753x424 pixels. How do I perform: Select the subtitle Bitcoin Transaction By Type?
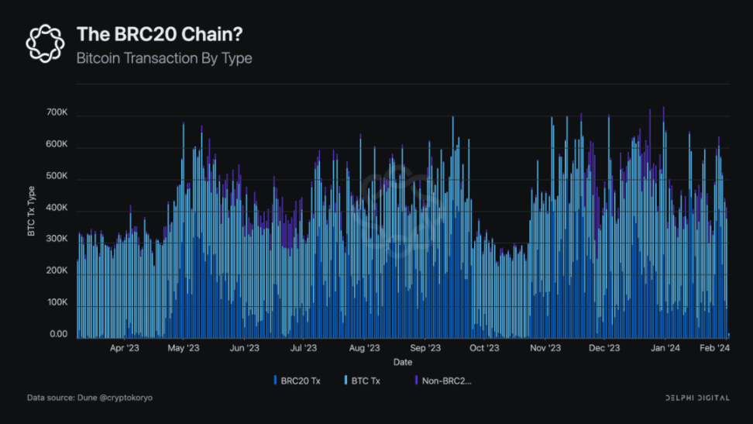point(164,58)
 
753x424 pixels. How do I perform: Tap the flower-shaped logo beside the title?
point(45,43)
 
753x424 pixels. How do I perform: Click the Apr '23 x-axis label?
point(125,348)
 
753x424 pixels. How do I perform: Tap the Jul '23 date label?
point(303,348)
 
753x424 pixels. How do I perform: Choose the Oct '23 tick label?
point(484,348)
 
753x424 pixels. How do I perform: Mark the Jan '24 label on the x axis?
point(665,348)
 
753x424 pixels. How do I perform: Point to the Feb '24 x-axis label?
point(713,348)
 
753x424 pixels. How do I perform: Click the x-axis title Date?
point(403,362)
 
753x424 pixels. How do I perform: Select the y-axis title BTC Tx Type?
point(32,211)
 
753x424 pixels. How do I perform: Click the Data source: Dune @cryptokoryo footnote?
point(90,398)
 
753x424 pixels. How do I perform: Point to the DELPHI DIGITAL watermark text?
point(697,398)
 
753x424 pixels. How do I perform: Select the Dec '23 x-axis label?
point(603,348)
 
